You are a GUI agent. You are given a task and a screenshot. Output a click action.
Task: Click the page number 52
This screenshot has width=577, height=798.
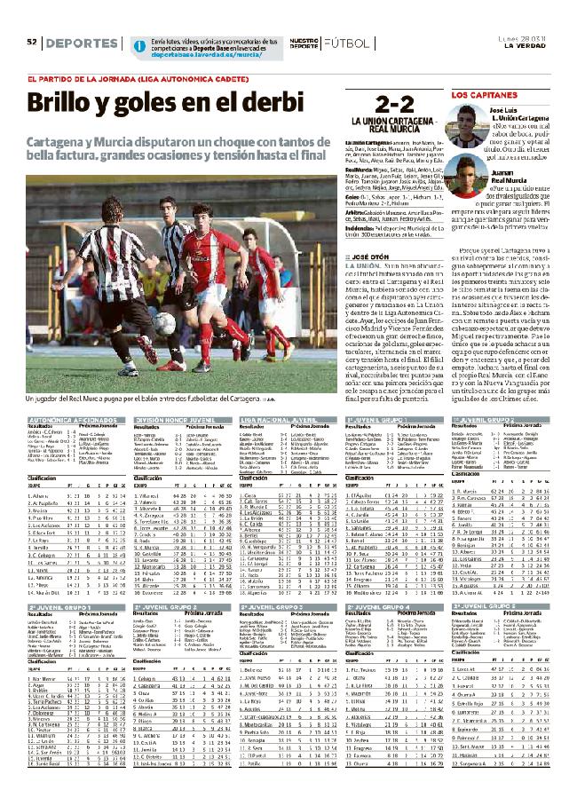tap(29, 43)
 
